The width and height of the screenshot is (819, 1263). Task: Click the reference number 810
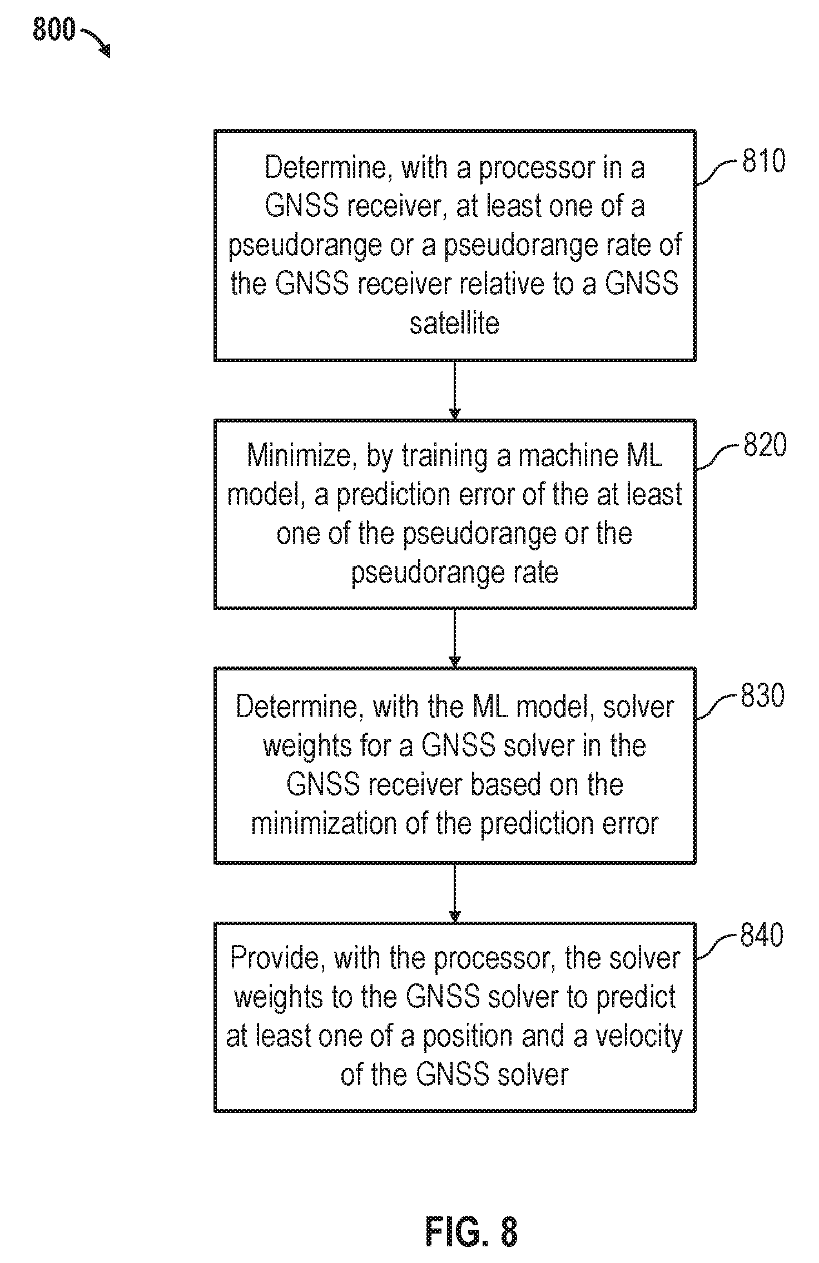(x=764, y=161)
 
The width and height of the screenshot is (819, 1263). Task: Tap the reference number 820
(x=765, y=445)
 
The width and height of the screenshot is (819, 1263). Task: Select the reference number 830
(x=762, y=695)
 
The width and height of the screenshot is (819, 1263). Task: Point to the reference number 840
(x=761, y=935)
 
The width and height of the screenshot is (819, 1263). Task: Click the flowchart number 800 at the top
(x=53, y=29)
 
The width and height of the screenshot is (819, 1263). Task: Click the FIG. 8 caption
(x=471, y=1232)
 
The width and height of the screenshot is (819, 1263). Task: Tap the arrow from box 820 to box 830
(x=455, y=638)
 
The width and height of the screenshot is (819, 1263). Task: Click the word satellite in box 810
(x=455, y=324)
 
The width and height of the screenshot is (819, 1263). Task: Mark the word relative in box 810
(x=497, y=284)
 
